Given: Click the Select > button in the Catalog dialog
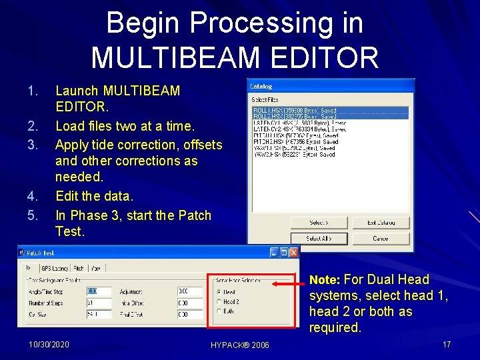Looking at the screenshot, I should click(318, 222).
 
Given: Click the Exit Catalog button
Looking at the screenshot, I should click(381, 222).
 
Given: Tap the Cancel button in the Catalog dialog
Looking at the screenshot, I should click(381, 238).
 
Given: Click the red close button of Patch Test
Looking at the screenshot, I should click(293, 253).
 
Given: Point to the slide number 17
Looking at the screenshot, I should click(447, 344).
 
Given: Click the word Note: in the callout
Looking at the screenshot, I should click(325, 280).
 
